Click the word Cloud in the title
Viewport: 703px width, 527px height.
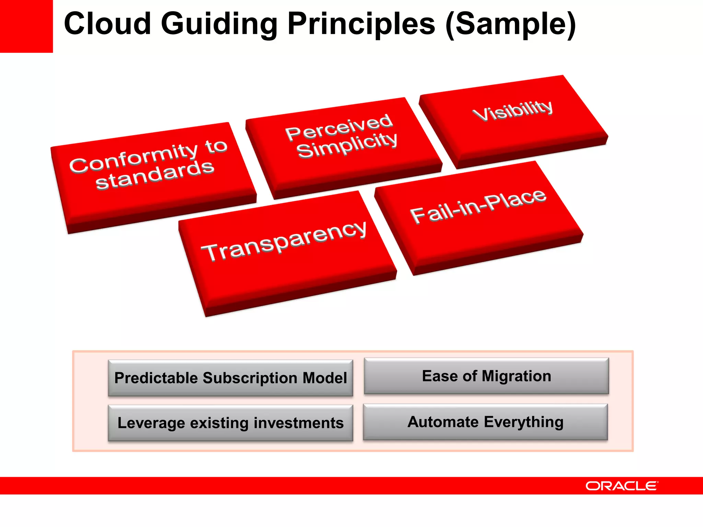(x=107, y=24)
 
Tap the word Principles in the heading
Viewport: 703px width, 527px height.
(x=361, y=24)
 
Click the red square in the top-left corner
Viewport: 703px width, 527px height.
(x=26, y=26)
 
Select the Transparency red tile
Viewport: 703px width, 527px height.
(x=285, y=250)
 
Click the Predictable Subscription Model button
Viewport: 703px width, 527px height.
(x=230, y=378)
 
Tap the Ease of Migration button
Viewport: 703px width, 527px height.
(x=486, y=376)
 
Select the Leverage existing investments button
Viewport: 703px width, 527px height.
(x=230, y=423)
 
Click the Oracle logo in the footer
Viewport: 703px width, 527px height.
(x=621, y=486)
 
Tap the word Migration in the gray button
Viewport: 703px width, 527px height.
(x=516, y=376)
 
